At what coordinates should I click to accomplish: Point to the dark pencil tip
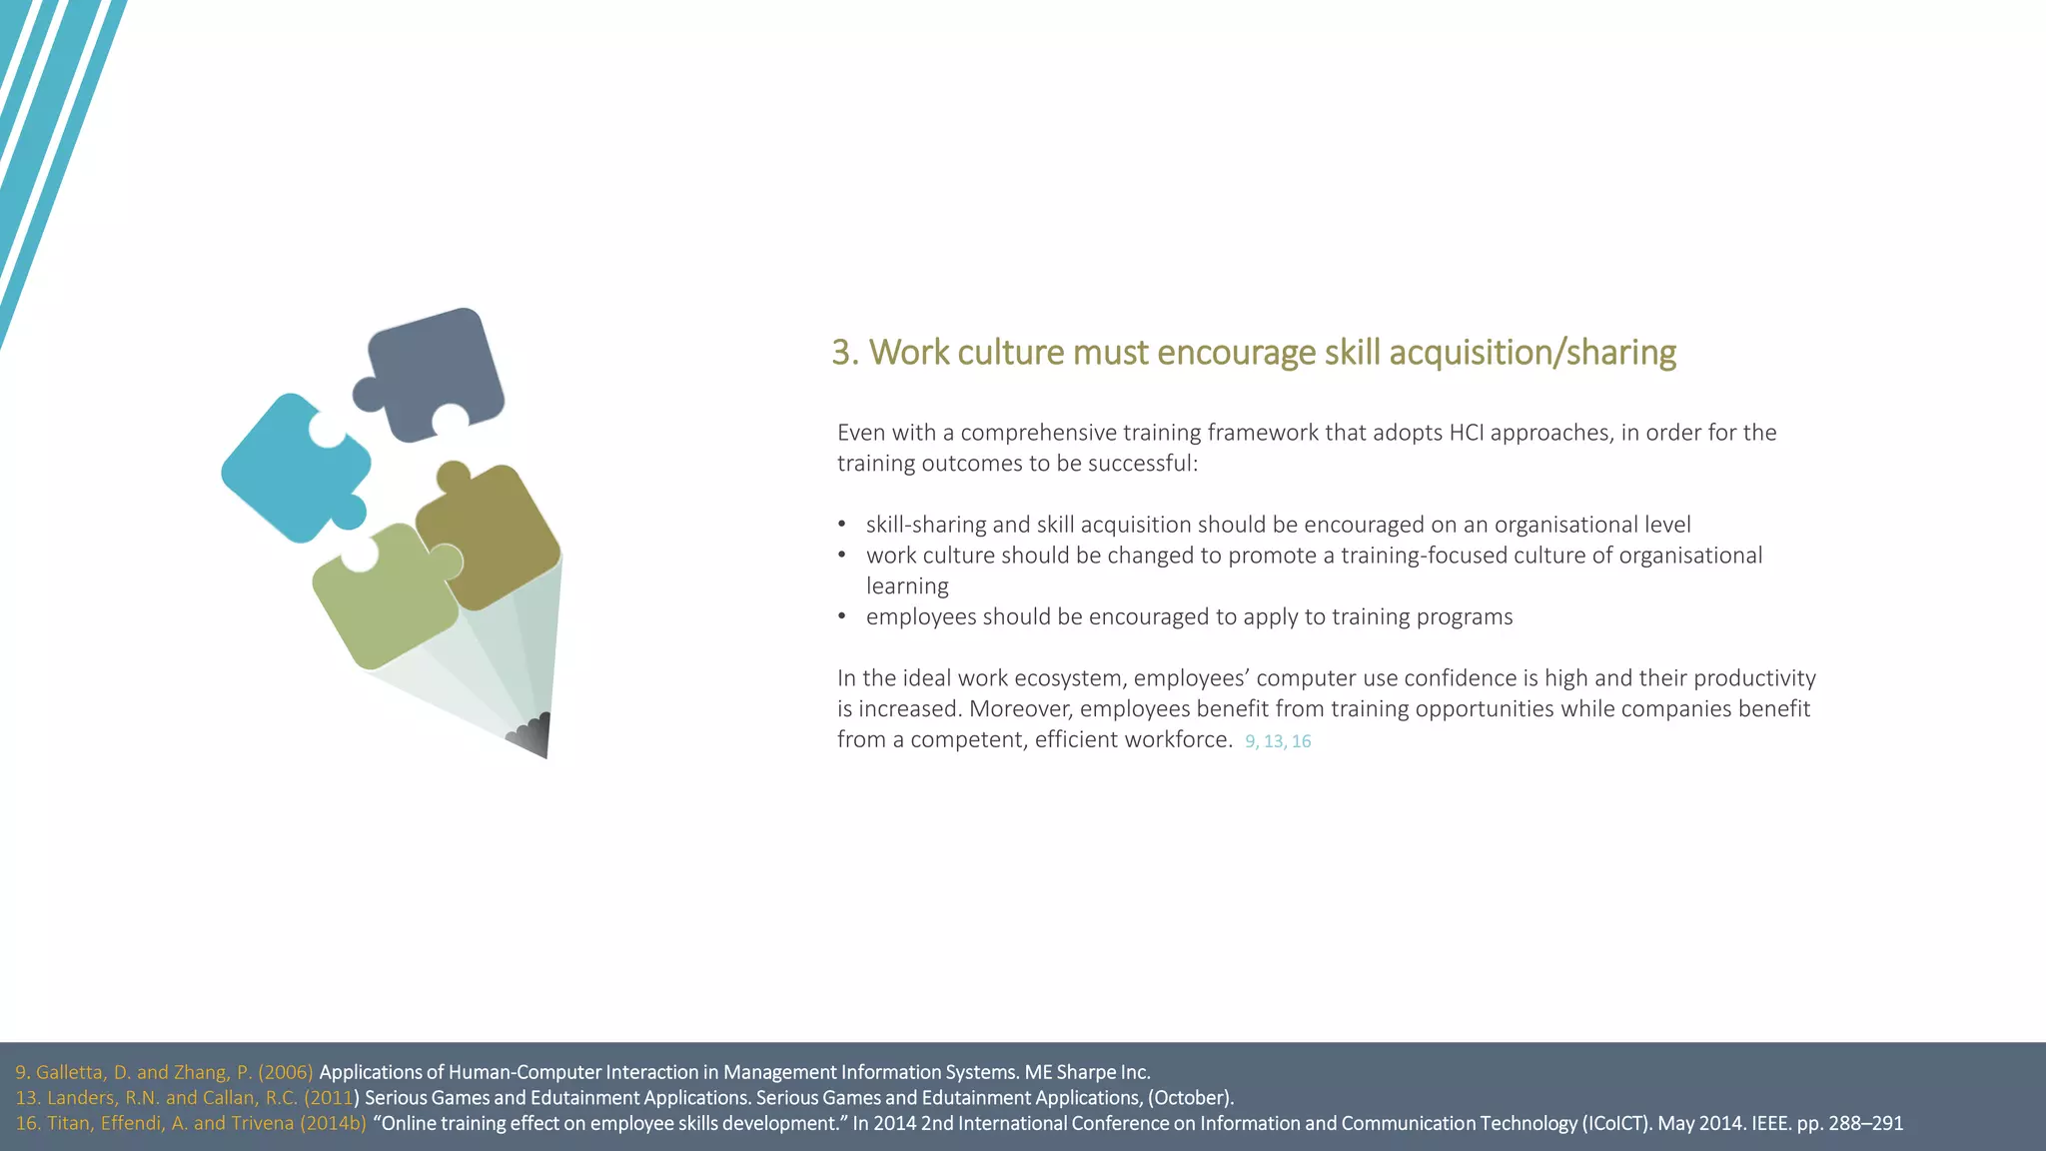coord(534,734)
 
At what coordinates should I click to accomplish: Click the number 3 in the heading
coord(841,353)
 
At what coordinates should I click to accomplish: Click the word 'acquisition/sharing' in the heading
coord(1533,353)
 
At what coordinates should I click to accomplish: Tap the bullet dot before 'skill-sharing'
coord(842,525)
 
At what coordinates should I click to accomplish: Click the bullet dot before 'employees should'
coord(842,616)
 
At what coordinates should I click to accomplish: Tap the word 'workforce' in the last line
coord(1179,739)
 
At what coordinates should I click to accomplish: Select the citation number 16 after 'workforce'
coord(1301,741)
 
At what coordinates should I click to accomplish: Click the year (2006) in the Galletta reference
coord(286,1072)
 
